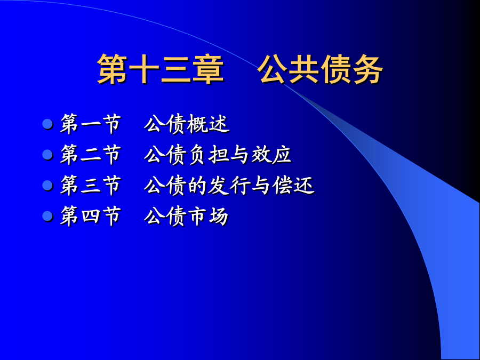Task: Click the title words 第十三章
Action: tap(160, 69)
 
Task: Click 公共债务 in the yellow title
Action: tap(320, 69)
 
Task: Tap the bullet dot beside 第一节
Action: tap(47, 124)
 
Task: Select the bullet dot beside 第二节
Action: tap(47, 155)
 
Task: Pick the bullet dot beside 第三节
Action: tap(47, 185)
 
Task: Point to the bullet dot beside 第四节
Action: tap(47, 216)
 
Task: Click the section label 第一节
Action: tap(90, 124)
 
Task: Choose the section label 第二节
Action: tap(90, 155)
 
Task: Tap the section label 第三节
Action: tap(90, 185)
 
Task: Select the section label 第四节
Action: tap(90, 216)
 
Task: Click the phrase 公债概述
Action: tap(187, 124)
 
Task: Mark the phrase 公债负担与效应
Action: tap(218, 155)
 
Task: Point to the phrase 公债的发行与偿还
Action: tap(229, 185)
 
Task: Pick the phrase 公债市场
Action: tap(187, 216)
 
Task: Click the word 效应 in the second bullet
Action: tap(271, 155)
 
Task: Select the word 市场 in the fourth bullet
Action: tap(208, 216)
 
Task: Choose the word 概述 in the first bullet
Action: tap(208, 124)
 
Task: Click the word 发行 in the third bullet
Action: tap(228, 185)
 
